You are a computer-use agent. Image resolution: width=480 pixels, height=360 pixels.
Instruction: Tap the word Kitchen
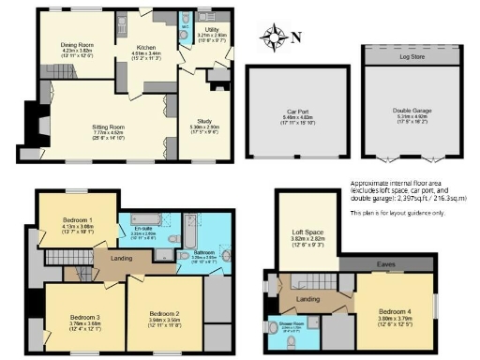pos(144,47)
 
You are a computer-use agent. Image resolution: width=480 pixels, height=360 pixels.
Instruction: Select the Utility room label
pos(212,30)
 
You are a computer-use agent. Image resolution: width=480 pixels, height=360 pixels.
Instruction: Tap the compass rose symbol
pos(275,38)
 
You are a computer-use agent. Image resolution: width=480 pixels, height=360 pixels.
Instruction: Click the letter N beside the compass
pos(293,38)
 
